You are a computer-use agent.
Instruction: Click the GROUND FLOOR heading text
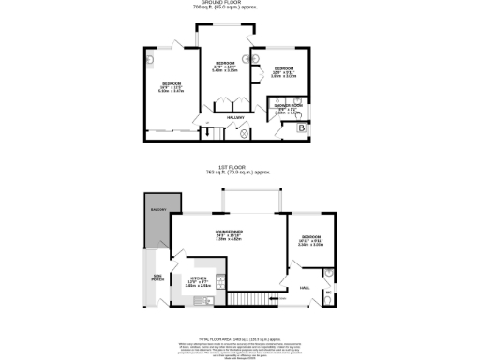click(x=240, y=4)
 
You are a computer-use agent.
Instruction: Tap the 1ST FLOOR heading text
click(x=240, y=168)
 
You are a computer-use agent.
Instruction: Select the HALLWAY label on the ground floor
click(x=237, y=118)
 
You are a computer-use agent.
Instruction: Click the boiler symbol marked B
click(x=301, y=127)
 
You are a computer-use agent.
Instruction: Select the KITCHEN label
click(x=199, y=278)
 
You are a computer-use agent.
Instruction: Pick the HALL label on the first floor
click(x=304, y=288)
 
